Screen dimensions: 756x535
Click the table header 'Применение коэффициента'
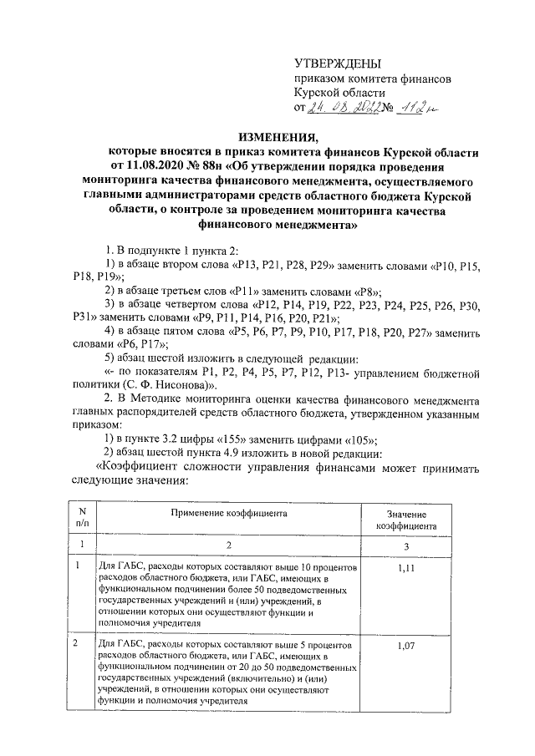pos(231,513)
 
